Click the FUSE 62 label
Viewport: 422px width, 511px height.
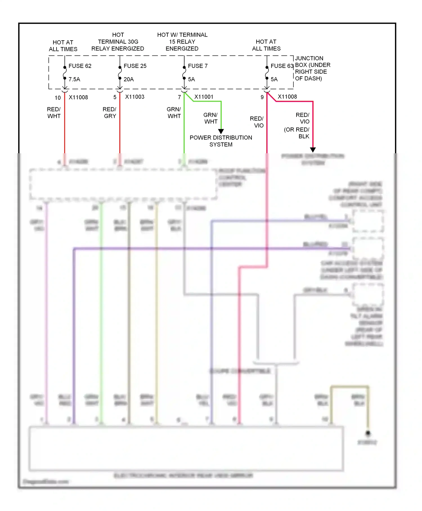pos(80,66)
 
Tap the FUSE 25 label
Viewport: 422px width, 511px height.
pos(135,66)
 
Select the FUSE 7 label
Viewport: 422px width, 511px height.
pos(198,66)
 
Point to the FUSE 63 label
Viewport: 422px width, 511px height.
pos(282,66)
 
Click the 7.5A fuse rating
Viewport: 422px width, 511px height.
pos(74,79)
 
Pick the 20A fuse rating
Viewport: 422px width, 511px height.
pos(129,79)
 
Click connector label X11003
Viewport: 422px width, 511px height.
pos(135,97)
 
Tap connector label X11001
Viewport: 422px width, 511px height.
pos(204,97)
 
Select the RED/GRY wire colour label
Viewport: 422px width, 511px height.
pos(109,113)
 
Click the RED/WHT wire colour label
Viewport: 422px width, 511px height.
pos(54,113)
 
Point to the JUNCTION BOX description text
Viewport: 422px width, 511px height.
pos(312,68)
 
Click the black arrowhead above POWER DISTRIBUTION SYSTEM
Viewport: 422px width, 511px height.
pos(221,131)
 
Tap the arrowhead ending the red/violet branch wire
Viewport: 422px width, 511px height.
pos(313,150)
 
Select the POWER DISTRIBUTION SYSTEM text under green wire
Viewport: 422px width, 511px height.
pos(221,141)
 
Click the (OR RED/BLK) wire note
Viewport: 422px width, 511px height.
pos(297,133)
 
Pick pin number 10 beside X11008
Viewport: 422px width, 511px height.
pos(58,98)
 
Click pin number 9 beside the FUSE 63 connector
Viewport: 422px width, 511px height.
pos(262,97)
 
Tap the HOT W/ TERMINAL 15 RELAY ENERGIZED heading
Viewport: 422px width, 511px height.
pos(182,42)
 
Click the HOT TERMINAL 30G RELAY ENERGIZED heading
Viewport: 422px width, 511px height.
pos(118,42)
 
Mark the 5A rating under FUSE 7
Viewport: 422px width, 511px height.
pos(192,79)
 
